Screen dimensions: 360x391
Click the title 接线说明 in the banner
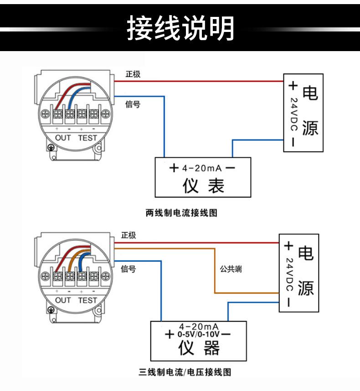[180, 27]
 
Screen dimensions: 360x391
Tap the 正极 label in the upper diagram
[133, 74]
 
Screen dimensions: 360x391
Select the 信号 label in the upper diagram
[133, 104]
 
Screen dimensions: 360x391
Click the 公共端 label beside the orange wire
[231, 269]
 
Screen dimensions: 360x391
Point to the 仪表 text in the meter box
[204, 186]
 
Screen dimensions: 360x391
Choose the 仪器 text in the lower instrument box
[199, 348]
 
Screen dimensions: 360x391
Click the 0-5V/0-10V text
[199, 334]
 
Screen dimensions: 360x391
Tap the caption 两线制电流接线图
[181, 213]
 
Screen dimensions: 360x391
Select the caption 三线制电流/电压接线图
[185, 372]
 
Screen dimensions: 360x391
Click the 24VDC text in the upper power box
[294, 114]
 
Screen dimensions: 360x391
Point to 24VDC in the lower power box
[289, 274]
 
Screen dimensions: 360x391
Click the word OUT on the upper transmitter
[63, 138]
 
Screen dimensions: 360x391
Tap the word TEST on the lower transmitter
[87, 300]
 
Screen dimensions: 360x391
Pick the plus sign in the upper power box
[293, 85]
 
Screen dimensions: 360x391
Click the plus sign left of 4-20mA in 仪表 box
[174, 168]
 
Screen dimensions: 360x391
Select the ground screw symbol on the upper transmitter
[51, 148]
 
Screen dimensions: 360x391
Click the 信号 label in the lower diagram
[129, 269]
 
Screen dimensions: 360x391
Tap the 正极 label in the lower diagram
[129, 235]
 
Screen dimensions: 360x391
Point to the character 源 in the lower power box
[306, 288]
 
